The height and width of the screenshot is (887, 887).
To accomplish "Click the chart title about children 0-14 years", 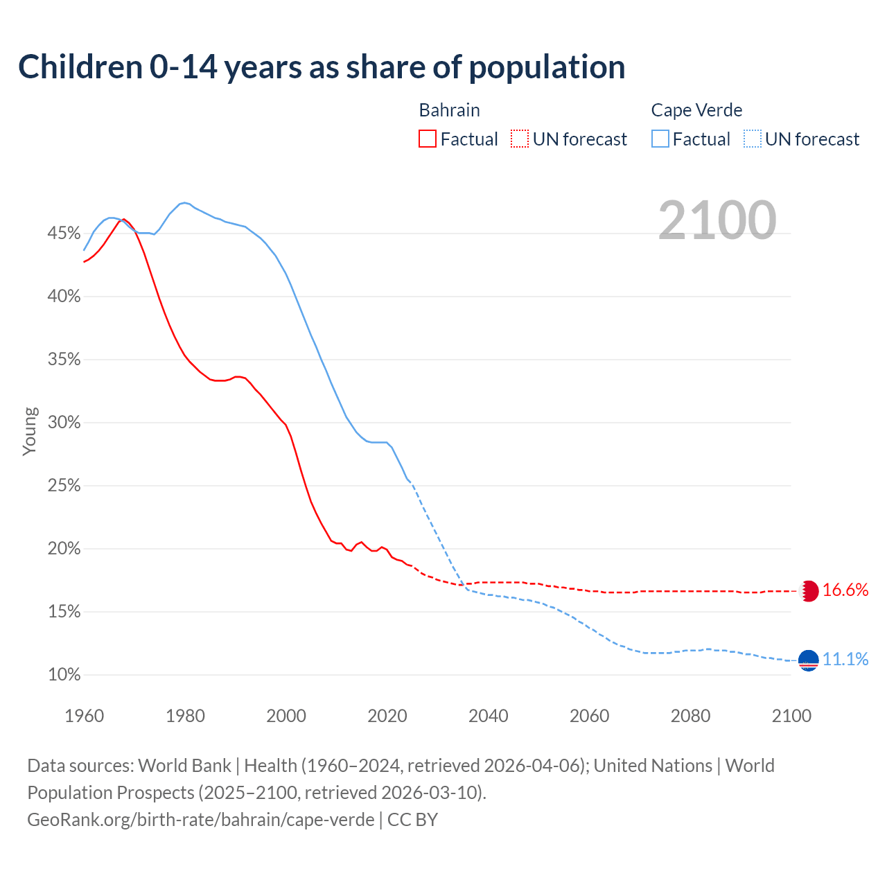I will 322,67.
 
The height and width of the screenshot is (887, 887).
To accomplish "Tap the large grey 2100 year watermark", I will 717,220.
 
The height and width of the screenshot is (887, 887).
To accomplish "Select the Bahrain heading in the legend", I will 449,110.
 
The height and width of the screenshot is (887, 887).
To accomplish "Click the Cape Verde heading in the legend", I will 696,110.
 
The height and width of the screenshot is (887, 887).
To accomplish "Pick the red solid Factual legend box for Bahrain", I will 428,139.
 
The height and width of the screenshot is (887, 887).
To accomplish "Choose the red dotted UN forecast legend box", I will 520,139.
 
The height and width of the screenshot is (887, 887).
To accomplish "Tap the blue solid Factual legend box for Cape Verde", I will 660,139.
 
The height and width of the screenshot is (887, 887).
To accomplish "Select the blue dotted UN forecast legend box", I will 753,139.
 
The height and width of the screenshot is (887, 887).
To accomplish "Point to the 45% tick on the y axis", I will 64,234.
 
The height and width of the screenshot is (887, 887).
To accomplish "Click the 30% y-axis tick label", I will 64,423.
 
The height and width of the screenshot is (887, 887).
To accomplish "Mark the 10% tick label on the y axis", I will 64,675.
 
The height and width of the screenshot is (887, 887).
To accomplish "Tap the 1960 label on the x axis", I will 84,716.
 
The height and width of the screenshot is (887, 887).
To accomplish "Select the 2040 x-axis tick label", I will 488,716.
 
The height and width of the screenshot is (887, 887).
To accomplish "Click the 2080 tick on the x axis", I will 690,716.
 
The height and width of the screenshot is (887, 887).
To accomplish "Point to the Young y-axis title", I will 30,431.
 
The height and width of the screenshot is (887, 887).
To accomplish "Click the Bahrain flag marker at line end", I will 809,591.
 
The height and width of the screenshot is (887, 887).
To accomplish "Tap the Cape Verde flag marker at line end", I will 809,660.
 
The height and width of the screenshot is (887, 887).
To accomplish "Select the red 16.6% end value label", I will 845,590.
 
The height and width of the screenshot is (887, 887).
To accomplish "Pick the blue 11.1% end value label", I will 845,659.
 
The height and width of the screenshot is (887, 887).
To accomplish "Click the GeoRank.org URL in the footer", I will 201,820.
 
